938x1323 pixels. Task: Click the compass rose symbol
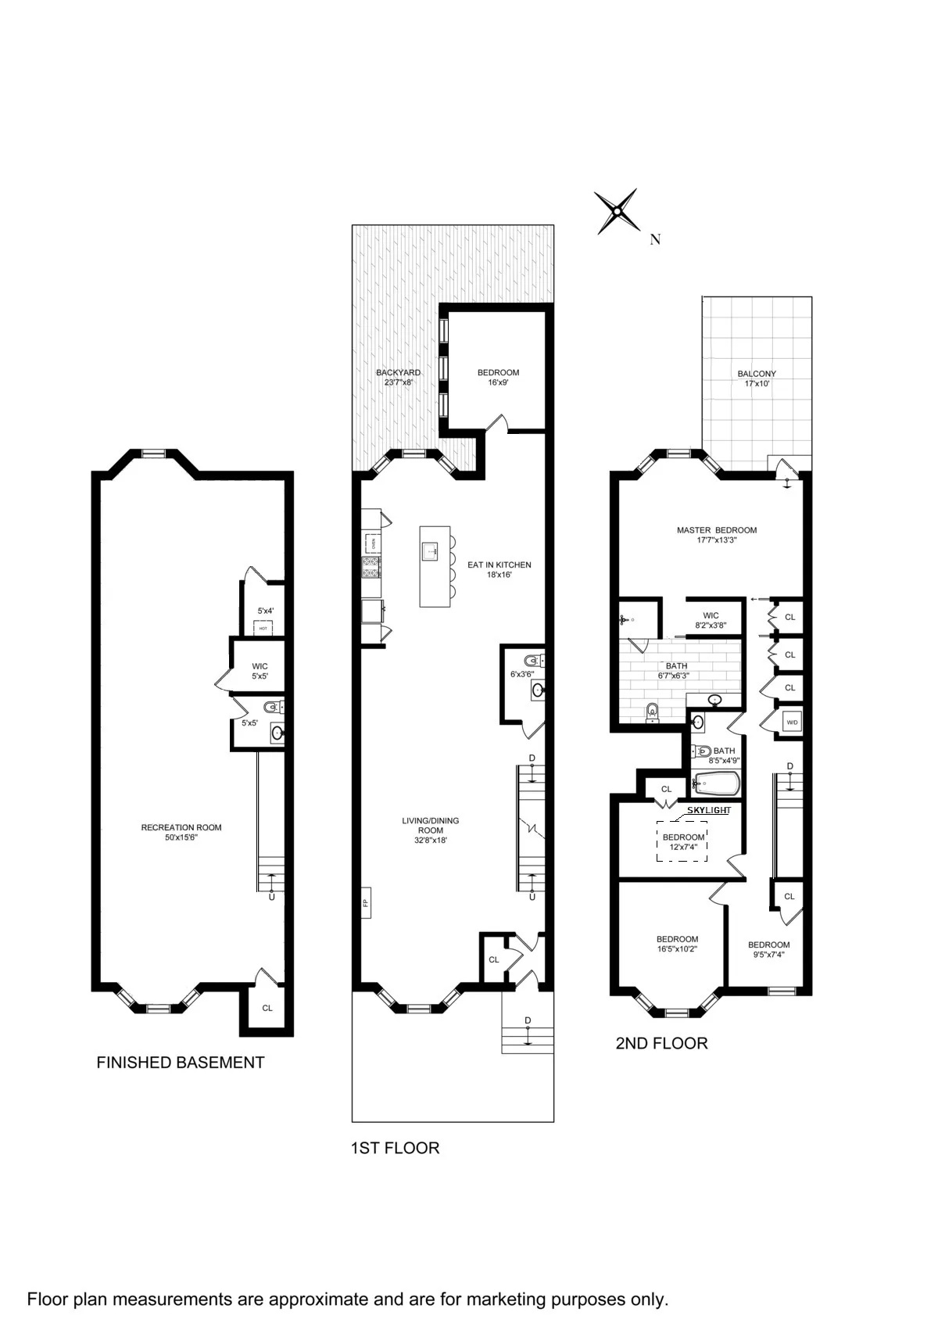pyautogui.click(x=617, y=212)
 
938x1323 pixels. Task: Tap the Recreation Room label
pyautogui.click(x=181, y=832)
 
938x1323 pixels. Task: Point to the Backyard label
pyautogui.click(x=398, y=378)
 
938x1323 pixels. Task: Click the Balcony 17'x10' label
pyautogui.click(x=757, y=378)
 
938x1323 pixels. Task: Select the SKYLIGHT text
pyautogui.click(x=708, y=811)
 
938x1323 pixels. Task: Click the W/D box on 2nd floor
pyautogui.click(x=792, y=722)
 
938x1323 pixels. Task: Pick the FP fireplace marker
pyautogui.click(x=365, y=902)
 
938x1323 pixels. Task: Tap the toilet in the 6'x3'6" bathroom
pyautogui.click(x=533, y=658)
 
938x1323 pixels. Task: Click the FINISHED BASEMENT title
pyautogui.click(x=180, y=1063)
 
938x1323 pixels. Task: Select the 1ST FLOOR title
pyautogui.click(x=395, y=1148)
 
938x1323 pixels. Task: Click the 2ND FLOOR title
pyautogui.click(x=661, y=1043)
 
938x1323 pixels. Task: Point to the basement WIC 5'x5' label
pyautogui.click(x=260, y=671)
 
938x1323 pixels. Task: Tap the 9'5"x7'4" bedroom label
pyautogui.click(x=768, y=949)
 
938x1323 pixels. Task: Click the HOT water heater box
pyautogui.click(x=263, y=628)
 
